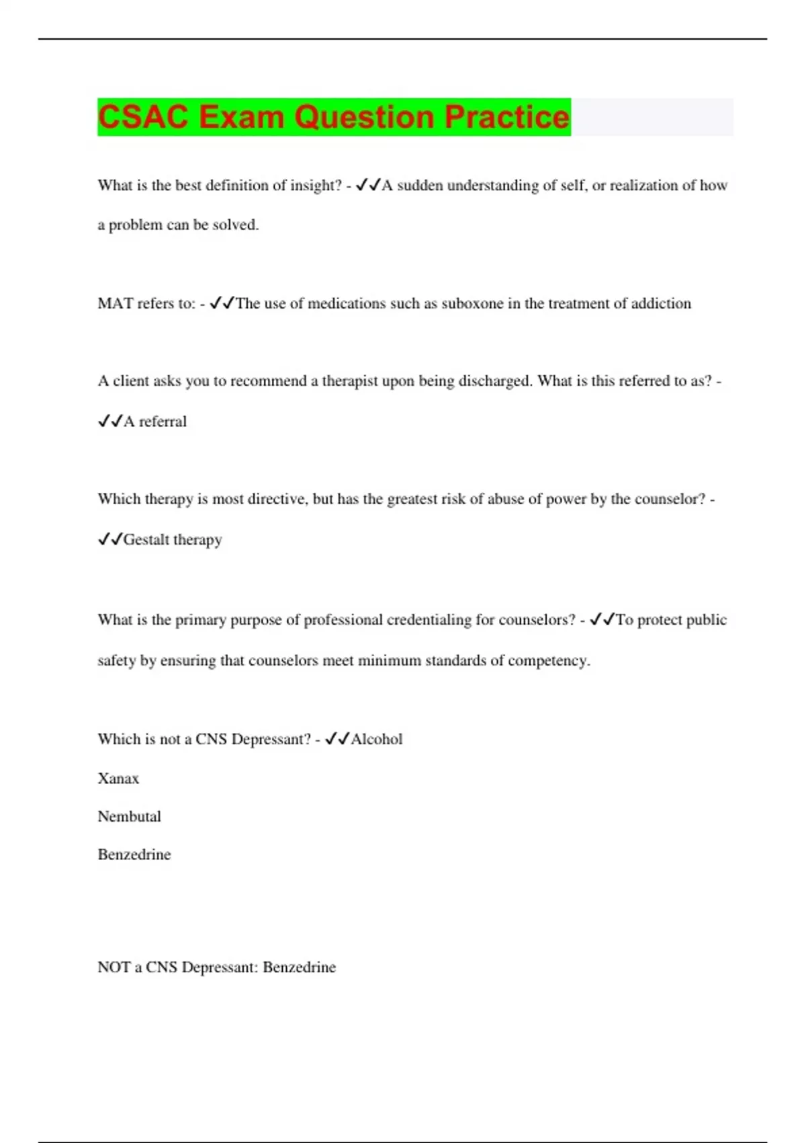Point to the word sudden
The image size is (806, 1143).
[x=419, y=186]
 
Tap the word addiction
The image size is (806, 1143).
[x=661, y=303]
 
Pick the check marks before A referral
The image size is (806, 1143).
[x=110, y=422]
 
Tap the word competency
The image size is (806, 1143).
[x=549, y=660]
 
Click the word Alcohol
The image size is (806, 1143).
[x=377, y=739]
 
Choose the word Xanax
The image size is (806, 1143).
[x=118, y=779]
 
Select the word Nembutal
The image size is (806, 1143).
[x=129, y=817]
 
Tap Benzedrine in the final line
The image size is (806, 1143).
[x=299, y=968]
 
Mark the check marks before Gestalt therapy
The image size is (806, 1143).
[x=110, y=540]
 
